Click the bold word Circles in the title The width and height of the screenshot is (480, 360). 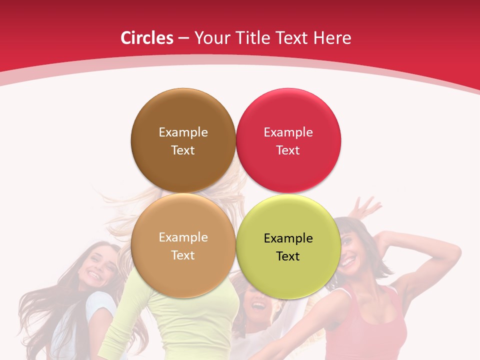146,38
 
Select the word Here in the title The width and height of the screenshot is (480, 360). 333,38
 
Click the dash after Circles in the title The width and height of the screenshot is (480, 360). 183,38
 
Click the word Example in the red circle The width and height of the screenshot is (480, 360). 288,132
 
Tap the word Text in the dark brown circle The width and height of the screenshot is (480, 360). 183,150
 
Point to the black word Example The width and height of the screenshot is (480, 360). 288,238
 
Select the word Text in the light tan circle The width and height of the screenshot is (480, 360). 183,255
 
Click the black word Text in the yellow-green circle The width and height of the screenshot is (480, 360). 288,256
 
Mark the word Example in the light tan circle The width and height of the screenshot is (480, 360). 183,237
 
